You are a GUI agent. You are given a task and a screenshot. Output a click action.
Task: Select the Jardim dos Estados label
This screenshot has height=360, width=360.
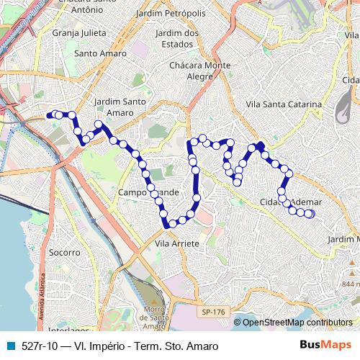pyautogui.click(x=176, y=39)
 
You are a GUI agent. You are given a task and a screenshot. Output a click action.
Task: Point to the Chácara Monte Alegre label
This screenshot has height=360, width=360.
pyautogui.click(x=200, y=71)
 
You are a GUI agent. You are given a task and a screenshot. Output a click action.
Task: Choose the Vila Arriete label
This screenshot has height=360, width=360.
pyautogui.click(x=176, y=244)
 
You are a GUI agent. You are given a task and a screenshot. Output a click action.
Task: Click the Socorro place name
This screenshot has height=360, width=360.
pyautogui.click(x=65, y=253)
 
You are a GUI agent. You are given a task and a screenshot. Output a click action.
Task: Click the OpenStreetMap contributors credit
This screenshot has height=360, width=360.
pyautogui.click(x=297, y=323)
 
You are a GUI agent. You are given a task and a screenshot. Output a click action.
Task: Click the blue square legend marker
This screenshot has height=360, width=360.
pyautogui.click(x=9, y=346)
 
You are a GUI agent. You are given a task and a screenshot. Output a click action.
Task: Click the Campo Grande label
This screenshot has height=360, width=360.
pyautogui.click(x=148, y=193)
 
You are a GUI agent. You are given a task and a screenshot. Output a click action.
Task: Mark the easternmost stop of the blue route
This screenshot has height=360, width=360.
pyautogui.click(x=311, y=214)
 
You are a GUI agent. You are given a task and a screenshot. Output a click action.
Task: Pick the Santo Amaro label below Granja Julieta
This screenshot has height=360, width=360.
pyautogui.click(x=100, y=53)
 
